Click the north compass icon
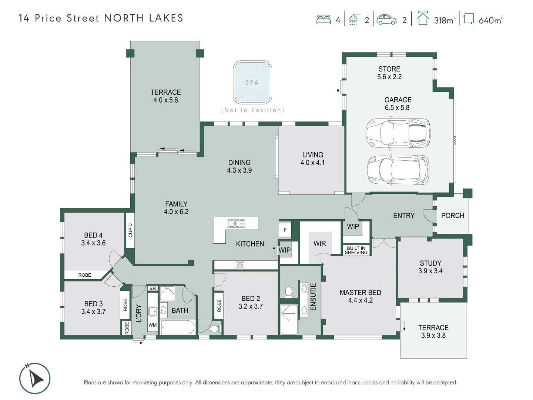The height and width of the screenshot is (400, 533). point(35,379)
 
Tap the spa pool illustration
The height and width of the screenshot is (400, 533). point(252,83)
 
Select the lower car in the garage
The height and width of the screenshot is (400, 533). point(398,170)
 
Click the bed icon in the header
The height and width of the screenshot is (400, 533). point(324,20)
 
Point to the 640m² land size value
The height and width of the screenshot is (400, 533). point(490,20)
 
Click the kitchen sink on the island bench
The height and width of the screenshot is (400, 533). point(236,223)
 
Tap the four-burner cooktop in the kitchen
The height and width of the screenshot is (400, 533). point(240,265)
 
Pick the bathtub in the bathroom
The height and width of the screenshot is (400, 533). point(178,327)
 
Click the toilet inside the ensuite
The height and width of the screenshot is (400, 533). point(289,292)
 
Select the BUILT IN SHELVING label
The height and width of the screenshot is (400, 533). point(356,250)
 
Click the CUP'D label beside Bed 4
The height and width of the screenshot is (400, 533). point(130,230)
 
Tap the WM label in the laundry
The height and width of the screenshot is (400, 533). point(152,325)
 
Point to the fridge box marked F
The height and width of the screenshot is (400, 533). point(285,230)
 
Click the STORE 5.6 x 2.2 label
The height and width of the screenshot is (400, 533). point(389,73)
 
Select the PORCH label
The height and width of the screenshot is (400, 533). point(452,216)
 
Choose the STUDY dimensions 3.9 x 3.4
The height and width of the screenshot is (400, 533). point(430,271)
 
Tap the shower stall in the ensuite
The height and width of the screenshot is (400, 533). point(289,319)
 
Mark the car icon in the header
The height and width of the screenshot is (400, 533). point(386,20)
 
